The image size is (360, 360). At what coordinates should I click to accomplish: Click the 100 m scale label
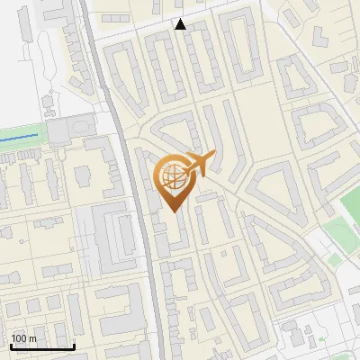tap(24, 338)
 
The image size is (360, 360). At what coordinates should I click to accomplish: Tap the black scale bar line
tap(42, 346)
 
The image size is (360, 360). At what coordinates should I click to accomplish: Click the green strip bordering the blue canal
tap(22, 130)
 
